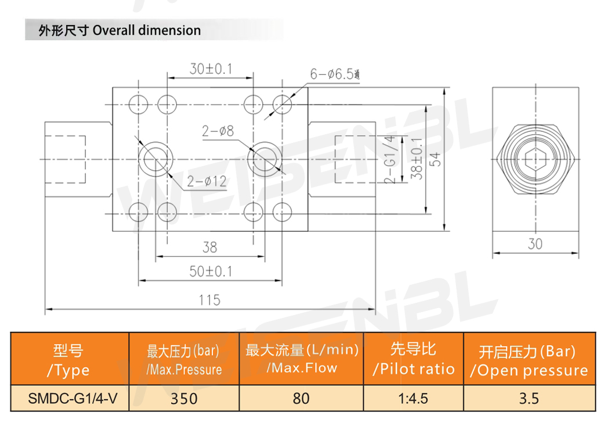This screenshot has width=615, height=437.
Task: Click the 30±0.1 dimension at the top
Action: coord(211,69)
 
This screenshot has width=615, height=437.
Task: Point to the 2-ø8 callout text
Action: coord(218,131)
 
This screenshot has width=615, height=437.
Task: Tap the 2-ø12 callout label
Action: coord(207,182)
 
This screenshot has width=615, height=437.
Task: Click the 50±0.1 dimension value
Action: coord(211,271)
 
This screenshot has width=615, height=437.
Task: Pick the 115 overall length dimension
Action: coord(209,300)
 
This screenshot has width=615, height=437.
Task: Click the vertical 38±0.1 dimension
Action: coord(416,158)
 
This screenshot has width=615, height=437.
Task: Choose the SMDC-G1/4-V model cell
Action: coord(69,399)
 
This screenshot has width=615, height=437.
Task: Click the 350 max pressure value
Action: coord(184,399)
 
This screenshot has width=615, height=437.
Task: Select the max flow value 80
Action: coord(301,399)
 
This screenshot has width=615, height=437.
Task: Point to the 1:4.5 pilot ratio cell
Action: coord(413,399)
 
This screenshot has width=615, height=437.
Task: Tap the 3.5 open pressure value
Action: coord(529,399)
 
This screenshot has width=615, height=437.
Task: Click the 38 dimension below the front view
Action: coord(209,247)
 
